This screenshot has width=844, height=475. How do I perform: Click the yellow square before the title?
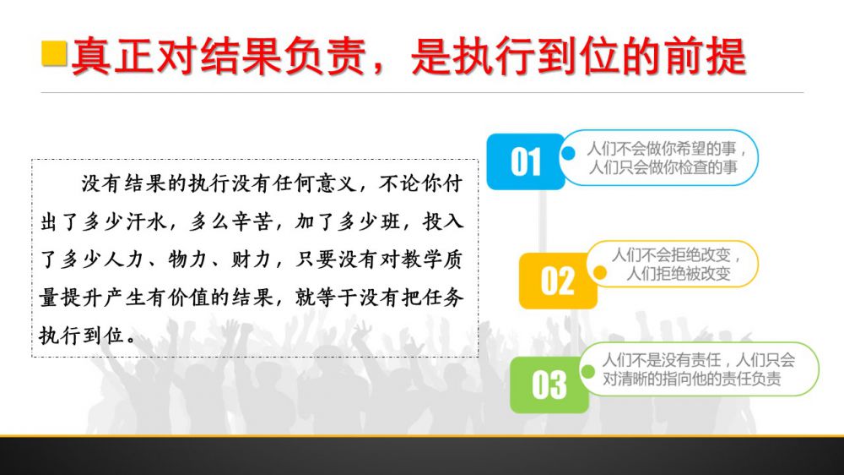(54, 53)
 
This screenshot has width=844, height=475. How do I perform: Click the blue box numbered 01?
(525, 161)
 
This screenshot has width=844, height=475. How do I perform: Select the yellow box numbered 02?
(558, 281)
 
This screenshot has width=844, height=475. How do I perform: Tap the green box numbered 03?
(549, 385)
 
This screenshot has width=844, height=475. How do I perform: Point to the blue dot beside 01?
(568, 153)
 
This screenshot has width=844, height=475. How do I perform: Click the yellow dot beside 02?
(599, 272)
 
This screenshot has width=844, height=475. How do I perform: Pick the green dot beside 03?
(587, 371)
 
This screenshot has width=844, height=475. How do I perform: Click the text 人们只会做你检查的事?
(663, 167)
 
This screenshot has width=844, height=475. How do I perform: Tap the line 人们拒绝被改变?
(679, 274)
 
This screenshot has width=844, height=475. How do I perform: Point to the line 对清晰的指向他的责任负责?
(692, 379)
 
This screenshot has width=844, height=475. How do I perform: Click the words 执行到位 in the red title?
(537, 56)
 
